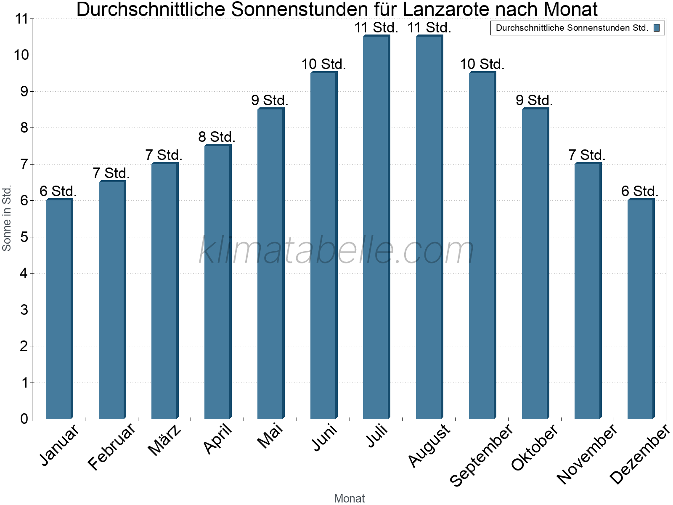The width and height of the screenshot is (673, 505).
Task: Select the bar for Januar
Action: coord(59,309)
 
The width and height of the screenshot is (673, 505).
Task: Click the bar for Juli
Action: coord(376,227)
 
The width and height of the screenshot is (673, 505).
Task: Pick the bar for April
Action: coord(217,282)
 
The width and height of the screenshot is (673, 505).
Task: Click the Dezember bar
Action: coord(641,309)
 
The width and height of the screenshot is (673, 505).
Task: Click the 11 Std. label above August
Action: coord(429,28)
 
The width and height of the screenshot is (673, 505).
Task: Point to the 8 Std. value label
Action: coord(217,137)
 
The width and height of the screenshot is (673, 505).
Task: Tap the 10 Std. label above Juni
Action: coord(323,64)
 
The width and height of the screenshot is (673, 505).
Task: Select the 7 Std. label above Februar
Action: coord(111,173)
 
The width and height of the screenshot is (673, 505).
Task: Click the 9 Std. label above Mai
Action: coord(270,101)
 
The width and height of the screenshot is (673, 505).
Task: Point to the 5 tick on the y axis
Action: coord(24,237)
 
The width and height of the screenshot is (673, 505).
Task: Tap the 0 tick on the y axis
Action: coord(24,419)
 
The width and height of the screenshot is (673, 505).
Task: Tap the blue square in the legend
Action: coord(657,28)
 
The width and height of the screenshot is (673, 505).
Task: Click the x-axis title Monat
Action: coord(349,498)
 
